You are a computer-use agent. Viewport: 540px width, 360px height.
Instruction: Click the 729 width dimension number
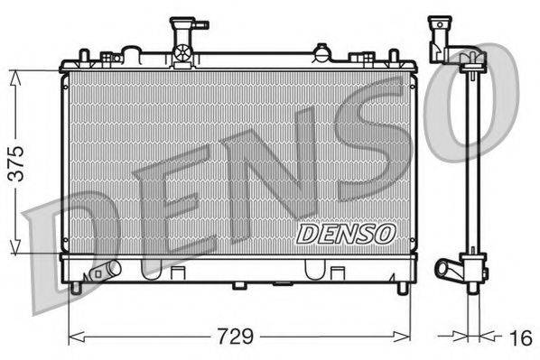click(x=234, y=338)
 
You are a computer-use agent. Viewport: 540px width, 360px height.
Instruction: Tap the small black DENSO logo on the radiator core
click(x=346, y=234)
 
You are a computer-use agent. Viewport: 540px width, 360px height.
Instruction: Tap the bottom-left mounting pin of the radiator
click(x=76, y=288)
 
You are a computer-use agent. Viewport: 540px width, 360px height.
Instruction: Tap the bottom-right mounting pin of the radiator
click(x=402, y=288)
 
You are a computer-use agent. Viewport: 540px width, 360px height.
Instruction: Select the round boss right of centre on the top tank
click(x=320, y=53)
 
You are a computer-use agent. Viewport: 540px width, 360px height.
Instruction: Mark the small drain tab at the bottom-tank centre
click(x=238, y=286)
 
